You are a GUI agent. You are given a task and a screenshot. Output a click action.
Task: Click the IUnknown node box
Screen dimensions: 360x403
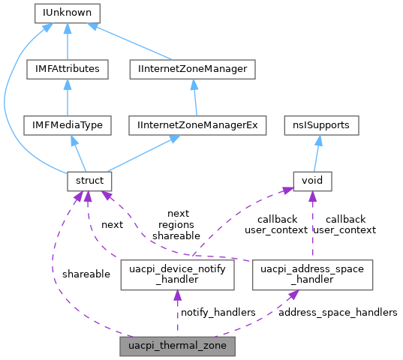coord(68,13)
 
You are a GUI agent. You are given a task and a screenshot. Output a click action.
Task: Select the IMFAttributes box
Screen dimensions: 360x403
coord(68,69)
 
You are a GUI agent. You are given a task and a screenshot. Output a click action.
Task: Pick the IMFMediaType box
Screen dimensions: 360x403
coord(68,125)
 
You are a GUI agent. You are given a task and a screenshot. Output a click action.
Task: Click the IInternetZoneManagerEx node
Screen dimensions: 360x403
coord(198,125)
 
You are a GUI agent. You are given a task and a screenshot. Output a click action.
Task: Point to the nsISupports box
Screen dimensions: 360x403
coord(320,125)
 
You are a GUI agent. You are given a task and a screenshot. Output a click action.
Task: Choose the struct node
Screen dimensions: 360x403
coord(89,181)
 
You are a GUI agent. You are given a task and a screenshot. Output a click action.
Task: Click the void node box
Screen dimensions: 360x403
coord(311,181)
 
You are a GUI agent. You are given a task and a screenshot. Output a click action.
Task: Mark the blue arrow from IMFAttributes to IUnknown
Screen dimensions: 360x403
coord(68,41)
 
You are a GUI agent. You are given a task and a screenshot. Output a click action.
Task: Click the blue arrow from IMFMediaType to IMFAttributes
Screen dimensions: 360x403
coord(68,97)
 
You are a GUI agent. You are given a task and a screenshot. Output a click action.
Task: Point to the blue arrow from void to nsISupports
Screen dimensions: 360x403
coord(316,153)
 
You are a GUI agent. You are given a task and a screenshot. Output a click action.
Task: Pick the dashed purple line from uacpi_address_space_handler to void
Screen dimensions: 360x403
coord(312,225)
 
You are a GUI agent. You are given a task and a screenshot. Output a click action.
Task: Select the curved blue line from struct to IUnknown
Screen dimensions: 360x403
coord(9,97)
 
